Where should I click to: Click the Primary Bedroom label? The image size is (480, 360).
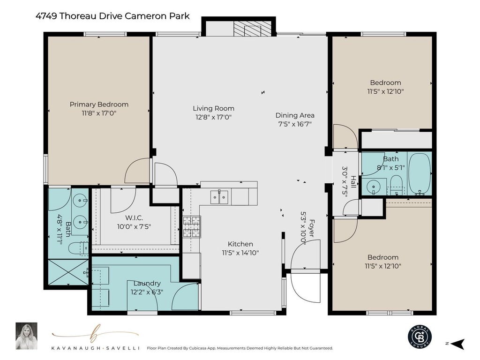99,105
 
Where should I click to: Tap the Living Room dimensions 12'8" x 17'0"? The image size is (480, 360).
213,117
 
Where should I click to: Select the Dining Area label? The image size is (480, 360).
295,115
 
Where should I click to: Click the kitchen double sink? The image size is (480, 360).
219,197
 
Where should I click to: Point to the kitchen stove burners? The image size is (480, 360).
192,227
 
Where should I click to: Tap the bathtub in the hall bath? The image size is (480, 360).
420,173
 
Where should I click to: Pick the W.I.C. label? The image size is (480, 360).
134,218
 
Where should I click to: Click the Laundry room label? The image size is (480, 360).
147,283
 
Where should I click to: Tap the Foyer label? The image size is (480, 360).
312,228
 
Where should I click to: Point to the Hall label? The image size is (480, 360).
353,182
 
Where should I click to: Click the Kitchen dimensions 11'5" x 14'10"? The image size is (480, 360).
240,253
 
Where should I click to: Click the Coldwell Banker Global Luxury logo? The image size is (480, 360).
420,336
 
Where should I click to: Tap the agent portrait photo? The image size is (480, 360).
27,336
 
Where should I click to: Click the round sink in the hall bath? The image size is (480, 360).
373,186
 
